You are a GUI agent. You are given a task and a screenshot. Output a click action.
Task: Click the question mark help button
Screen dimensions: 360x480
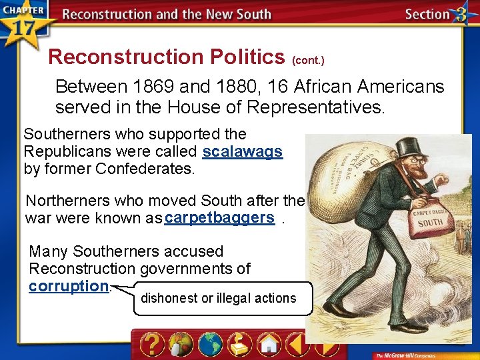(x=151, y=344)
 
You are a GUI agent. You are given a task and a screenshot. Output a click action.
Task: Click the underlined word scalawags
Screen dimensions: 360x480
(x=243, y=151)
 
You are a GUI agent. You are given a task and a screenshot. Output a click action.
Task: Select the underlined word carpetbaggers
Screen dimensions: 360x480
(x=220, y=218)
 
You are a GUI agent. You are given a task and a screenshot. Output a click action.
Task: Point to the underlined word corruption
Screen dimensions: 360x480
(x=69, y=286)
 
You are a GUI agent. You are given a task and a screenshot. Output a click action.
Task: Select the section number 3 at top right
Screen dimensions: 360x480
(x=459, y=15)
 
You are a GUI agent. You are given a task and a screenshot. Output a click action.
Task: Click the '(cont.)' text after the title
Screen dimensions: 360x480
(x=308, y=61)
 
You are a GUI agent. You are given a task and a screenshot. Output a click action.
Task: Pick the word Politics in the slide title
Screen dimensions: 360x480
(x=240, y=57)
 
